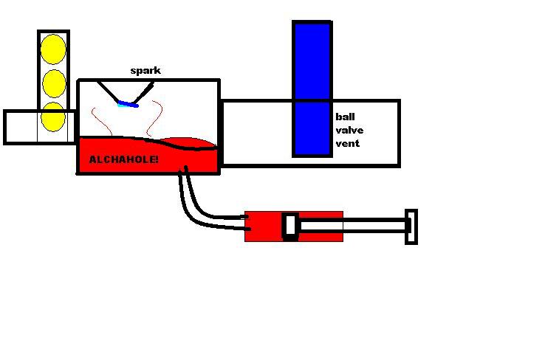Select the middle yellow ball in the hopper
click(53, 83)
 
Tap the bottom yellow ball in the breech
click(53, 117)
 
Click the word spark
click(145, 71)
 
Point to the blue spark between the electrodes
click(128, 104)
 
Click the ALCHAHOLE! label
click(123, 159)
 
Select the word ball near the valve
click(345, 117)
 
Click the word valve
click(349, 130)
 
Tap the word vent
click(347, 143)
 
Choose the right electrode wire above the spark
click(145, 93)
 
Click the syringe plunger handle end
click(411, 227)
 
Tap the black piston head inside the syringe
click(290, 227)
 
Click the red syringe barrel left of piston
click(264, 227)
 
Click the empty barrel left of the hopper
click(21, 127)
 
